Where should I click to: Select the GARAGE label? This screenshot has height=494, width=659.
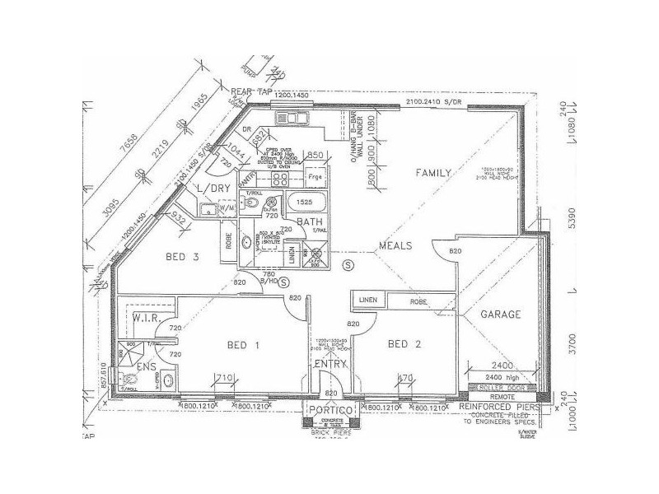pos(501,315)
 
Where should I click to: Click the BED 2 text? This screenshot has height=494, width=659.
pos(404,343)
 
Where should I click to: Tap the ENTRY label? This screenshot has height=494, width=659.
pos(330,363)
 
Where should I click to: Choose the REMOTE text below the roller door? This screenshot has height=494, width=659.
pos(502,397)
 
